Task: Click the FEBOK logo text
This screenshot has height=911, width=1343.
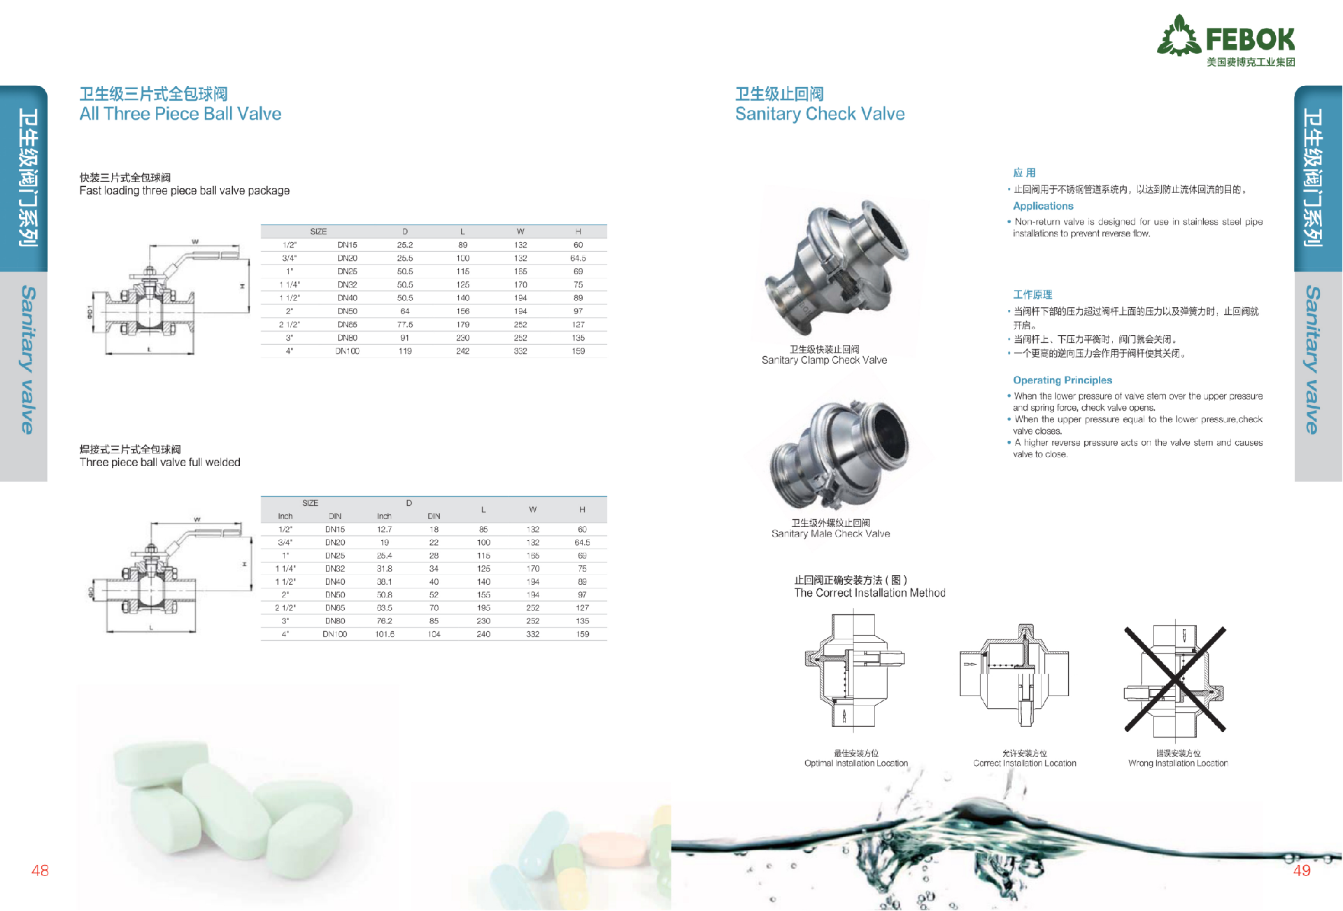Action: point(1250,39)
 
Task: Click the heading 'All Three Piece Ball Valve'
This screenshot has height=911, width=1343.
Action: point(180,114)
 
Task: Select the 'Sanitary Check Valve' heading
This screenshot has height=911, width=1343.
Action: point(820,114)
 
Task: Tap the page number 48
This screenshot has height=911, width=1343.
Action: point(40,870)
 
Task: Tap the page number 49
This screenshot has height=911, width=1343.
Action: point(1302,870)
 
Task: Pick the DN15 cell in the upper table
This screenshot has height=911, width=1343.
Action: point(347,245)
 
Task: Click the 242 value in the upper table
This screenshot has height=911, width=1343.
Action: point(462,351)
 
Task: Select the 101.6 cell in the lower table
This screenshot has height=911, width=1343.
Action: point(385,634)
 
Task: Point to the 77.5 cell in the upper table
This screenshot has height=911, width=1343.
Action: point(405,325)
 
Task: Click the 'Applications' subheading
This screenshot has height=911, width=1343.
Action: point(1043,206)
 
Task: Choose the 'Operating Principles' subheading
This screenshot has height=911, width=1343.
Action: point(1063,380)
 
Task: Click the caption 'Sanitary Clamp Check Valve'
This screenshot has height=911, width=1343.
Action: point(824,360)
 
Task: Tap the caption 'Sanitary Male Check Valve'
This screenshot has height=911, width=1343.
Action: point(830,534)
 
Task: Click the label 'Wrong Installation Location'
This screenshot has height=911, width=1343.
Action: point(1178,763)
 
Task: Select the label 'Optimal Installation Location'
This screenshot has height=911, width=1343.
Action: point(856,763)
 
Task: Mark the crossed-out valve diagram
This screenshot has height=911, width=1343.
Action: point(1175,679)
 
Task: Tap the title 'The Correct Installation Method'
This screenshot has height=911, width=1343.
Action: point(869,593)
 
